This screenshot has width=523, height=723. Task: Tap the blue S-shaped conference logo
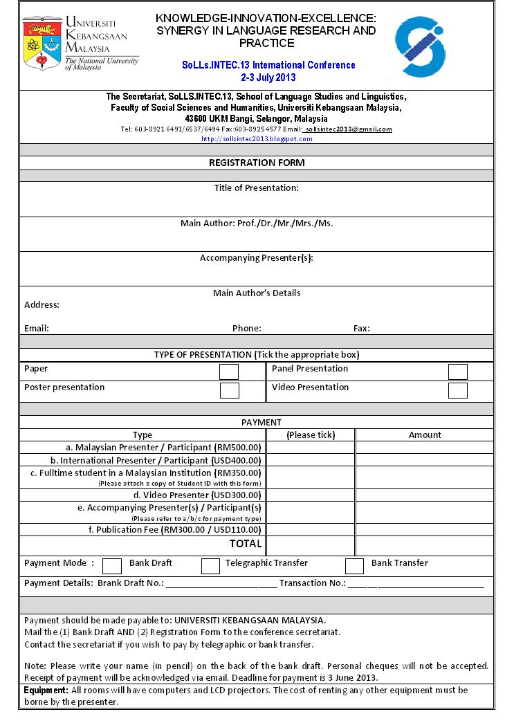(420, 46)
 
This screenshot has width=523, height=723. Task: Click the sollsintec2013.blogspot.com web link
(257, 138)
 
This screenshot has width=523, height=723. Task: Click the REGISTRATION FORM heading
(257, 163)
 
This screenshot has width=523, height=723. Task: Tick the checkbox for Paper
(229, 372)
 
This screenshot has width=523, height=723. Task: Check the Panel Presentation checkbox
(457, 372)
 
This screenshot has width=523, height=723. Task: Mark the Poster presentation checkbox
(229, 390)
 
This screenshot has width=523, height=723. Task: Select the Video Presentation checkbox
(457, 390)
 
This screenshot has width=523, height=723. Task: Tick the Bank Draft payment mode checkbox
(112, 566)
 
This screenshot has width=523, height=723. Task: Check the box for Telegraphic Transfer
(210, 566)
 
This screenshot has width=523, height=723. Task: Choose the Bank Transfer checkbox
(354, 566)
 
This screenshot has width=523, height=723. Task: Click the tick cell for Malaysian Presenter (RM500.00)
(310, 448)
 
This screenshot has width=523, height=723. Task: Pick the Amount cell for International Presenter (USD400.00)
(424, 460)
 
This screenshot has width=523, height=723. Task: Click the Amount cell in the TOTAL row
(424, 545)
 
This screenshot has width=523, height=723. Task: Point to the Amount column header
(424, 434)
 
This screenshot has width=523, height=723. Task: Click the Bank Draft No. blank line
(221, 583)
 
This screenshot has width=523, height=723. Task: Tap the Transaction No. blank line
(415, 583)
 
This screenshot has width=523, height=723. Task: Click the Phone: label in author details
(246, 329)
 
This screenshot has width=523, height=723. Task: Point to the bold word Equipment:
(46, 690)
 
